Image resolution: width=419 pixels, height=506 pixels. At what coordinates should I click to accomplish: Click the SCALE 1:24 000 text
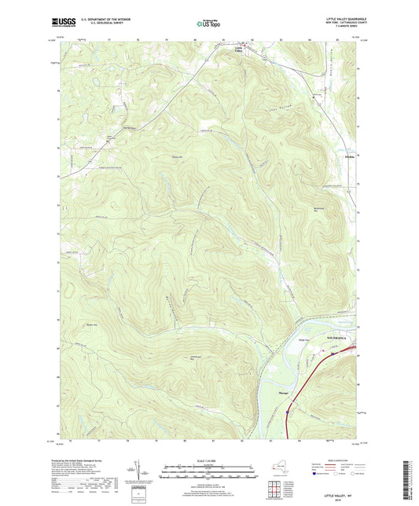(x=208, y=461)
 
